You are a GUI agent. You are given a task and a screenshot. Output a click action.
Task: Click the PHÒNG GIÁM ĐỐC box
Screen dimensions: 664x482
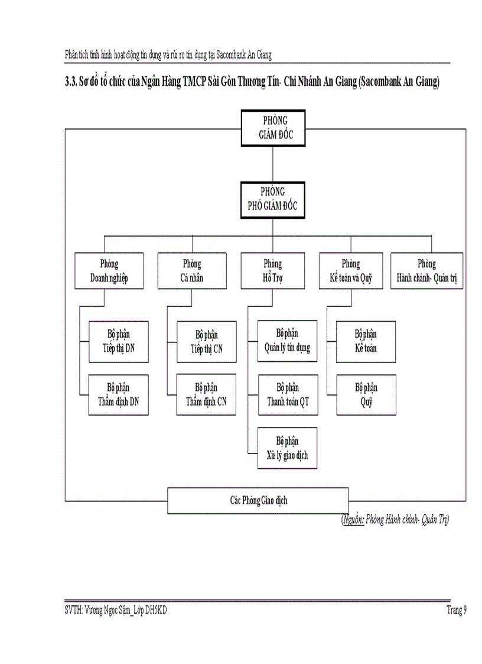coord(272,128)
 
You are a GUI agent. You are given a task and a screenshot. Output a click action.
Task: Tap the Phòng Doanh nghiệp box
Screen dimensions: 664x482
coord(109,271)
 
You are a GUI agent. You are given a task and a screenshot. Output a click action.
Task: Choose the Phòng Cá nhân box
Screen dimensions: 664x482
coord(192,271)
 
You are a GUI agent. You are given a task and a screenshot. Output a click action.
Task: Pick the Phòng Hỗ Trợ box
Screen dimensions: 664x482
coord(272,271)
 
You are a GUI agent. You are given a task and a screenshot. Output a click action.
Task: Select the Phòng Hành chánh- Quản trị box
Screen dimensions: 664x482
coord(426,271)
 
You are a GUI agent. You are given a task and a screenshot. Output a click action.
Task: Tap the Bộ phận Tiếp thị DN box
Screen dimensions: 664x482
coord(118,342)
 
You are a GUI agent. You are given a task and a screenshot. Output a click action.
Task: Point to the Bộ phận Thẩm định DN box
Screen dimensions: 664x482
coord(118,394)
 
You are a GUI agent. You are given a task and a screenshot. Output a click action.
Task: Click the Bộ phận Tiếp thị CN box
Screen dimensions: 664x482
coord(207,342)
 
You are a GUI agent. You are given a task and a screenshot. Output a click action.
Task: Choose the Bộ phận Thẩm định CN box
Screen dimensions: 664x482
coord(207,394)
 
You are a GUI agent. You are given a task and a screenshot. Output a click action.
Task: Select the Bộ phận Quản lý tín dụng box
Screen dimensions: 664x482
coord(287,341)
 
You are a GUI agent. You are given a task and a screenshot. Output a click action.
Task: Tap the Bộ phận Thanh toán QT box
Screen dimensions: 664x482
coord(287,394)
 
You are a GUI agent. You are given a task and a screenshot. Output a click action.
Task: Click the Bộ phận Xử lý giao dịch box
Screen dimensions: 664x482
coord(287,448)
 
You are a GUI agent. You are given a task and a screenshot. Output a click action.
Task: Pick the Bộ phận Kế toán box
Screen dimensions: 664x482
coord(366,342)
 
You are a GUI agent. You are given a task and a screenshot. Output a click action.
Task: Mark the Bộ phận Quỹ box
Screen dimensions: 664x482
coord(366,394)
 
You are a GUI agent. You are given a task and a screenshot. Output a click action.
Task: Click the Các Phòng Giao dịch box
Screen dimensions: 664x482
coord(258,500)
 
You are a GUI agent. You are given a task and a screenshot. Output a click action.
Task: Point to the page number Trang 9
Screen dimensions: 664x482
coord(457,611)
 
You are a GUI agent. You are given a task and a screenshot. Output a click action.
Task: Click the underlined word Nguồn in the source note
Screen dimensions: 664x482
coord(353,520)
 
